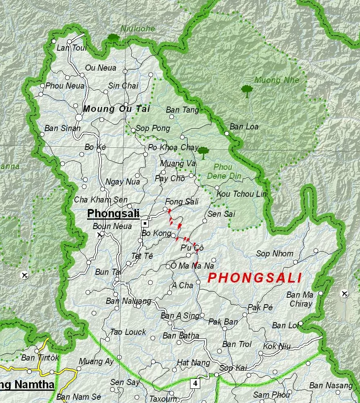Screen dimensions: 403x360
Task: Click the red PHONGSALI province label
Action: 255,278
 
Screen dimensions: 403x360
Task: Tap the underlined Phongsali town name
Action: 113,214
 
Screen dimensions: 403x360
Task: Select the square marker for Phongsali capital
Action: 145,223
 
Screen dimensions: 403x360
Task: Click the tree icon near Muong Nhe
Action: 247,91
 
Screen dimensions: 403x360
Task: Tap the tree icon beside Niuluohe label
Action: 113,38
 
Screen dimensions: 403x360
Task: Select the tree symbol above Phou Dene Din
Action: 203,153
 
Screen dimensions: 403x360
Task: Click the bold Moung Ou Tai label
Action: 116,109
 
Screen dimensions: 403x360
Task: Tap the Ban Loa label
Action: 244,127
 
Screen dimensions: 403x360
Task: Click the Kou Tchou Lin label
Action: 241,194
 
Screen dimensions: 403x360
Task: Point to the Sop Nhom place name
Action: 275,254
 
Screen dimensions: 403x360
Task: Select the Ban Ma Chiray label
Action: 300,299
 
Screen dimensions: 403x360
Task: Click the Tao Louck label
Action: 128,332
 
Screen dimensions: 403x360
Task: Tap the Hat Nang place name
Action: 193,363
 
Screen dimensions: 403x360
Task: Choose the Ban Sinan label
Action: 63,128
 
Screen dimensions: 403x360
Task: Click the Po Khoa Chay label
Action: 173,147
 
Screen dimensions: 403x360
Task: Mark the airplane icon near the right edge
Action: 344,293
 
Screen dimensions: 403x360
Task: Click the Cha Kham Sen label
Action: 101,200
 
